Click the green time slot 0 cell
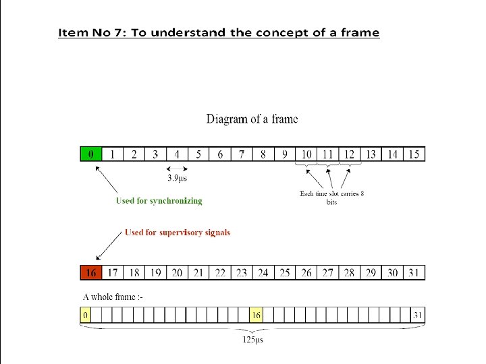click(91, 154)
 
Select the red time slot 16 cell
click(91, 272)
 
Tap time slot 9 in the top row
click(285, 154)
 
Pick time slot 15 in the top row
click(414, 154)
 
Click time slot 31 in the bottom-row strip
click(414, 272)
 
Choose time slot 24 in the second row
click(263, 272)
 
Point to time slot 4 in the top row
click(177, 154)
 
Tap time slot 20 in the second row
click(177, 272)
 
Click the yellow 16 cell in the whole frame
click(256, 315)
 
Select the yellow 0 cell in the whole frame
click(86, 315)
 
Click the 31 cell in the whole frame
click(419, 315)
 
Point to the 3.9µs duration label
click(178, 178)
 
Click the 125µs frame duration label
click(253, 340)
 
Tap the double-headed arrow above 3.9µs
click(178, 168)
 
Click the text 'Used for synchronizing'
click(159, 200)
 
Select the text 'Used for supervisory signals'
click(178, 233)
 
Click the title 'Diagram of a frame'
click(252, 119)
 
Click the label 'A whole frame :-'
click(113, 297)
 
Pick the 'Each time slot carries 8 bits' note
click(331, 198)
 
